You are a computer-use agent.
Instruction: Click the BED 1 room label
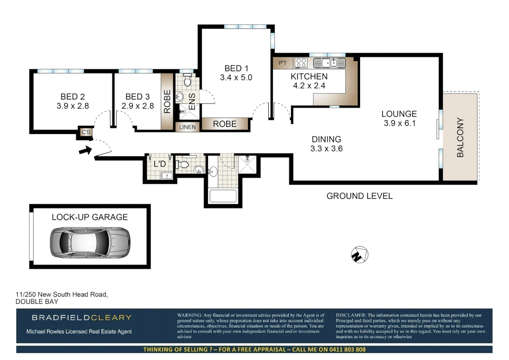tap(236, 68)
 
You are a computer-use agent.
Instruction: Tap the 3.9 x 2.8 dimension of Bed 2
tap(73, 106)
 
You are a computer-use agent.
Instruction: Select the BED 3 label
tap(138, 97)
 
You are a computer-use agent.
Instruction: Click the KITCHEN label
tap(309, 76)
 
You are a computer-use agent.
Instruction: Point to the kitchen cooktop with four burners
tap(301, 63)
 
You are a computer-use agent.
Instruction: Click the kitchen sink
tap(329, 63)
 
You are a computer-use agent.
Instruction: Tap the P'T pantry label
tap(282, 63)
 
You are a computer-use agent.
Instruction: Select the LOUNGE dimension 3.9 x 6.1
tap(399, 123)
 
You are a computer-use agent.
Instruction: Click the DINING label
tap(326, 139)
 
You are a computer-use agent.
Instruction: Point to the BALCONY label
tap(460, 137)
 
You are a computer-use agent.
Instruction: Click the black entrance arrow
tap(85, 150)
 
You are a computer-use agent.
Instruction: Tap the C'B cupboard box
tap(86, 132)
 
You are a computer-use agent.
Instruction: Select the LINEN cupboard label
tap(187, 127)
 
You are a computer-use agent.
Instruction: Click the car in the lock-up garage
tap(90, 243)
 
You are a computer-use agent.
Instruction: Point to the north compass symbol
tap(359, 255)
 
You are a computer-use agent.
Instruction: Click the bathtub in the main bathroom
tap(223, 196)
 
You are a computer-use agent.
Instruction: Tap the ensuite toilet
tap(188, 80)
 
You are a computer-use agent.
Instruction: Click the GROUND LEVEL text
tap(359, 196)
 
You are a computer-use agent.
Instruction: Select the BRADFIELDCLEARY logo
tap(82, 318)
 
